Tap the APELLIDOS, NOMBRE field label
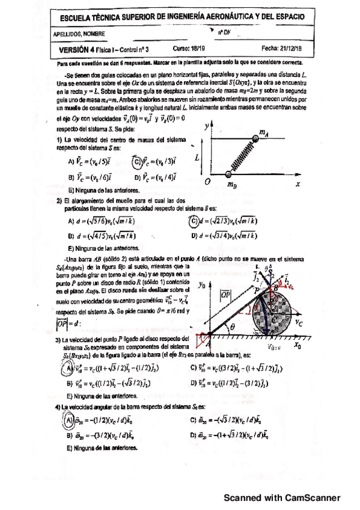78,34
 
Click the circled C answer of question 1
138,161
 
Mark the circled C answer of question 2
193,220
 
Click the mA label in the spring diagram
263,132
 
